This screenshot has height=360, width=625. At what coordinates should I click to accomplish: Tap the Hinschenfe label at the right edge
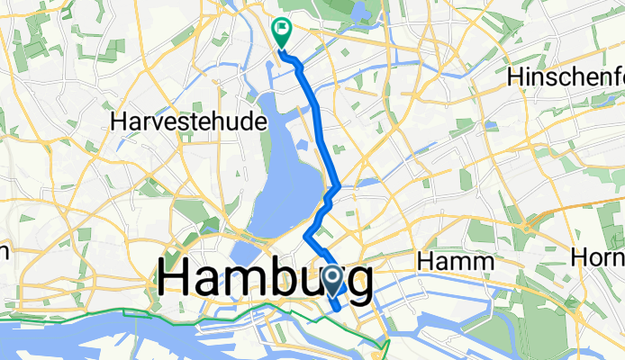566,77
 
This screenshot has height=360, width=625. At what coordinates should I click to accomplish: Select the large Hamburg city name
267,280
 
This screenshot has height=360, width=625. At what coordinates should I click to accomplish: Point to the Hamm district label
457,262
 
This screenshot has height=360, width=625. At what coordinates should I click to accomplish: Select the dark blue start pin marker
331,281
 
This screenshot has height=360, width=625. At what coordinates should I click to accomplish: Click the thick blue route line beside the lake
321,126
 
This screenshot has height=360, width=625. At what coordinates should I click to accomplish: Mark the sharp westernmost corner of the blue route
307,236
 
